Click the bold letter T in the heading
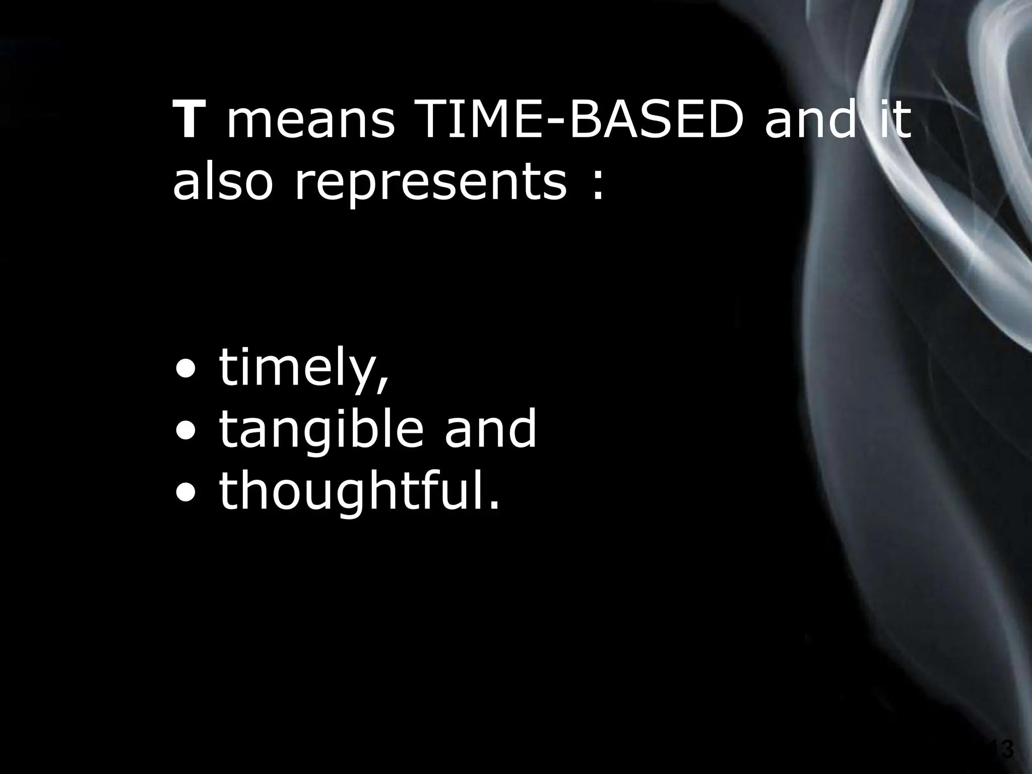[x=188, y=120]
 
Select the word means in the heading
[x=310, y=125]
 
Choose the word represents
[x=431, y=184]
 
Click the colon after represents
[x=598, y=185]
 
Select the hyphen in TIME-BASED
[x=552, y=125]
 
